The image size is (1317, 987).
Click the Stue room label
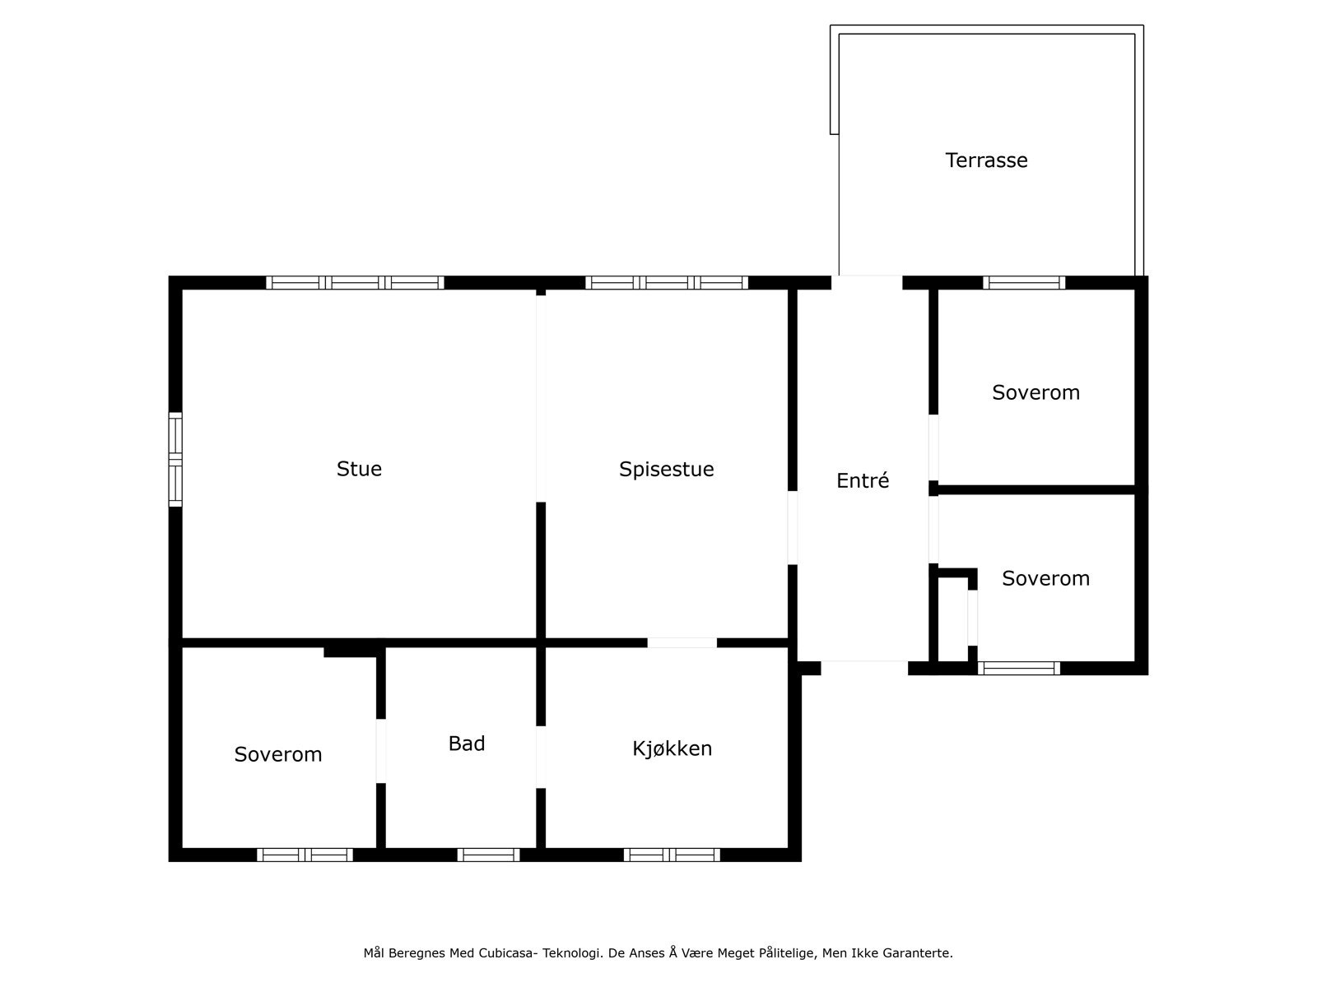359,469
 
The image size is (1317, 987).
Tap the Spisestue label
666,469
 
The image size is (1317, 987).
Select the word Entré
863,480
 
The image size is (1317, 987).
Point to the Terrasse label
986,160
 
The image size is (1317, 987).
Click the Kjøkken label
672,748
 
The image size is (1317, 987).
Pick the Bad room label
467,744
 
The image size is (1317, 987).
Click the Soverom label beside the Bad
278,754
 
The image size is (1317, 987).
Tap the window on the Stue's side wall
175,459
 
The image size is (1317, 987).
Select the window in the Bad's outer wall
488,855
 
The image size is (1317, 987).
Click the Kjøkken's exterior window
672,855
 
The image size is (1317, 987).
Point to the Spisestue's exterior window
667,283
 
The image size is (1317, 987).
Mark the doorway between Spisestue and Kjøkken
682,642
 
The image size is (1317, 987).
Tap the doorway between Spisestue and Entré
793,527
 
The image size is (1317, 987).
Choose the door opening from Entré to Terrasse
867,283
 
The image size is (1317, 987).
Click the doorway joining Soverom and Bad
381,751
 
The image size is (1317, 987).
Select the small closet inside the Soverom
953,619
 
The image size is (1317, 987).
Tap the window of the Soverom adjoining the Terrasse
1024,283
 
